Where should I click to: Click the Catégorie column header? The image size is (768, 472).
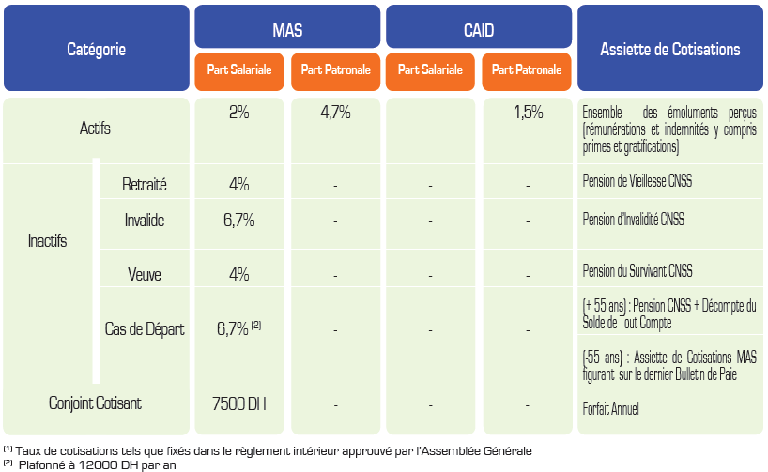tap(96, 49)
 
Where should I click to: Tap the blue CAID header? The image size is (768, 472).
tap(478, 29)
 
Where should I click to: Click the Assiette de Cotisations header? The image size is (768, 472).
tap(669, 49)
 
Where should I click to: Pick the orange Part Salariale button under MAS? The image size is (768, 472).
tap(239, 70)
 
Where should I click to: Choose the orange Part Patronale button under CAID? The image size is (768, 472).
tap(526, 70)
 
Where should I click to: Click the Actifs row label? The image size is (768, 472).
tap(96, 129)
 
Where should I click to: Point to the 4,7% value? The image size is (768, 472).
tap(335, 113)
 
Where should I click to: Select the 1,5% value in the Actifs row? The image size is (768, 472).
tap(528, 113)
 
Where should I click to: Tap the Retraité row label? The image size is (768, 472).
tap(145, 185)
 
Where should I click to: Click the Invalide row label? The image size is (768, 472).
tap(145, 221)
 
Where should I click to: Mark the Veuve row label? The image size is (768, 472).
tap(145, 275)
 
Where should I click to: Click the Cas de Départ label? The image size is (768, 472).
tap(145, 329)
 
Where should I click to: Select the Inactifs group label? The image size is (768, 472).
tap(48, 241)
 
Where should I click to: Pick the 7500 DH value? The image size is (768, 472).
tap(239, 405)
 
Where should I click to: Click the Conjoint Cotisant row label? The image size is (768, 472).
tap(96, 403)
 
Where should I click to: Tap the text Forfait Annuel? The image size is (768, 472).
tap(611, 409)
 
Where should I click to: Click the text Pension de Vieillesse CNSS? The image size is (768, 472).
tap(637, 181)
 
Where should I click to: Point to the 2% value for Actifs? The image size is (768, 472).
tap(238, 113)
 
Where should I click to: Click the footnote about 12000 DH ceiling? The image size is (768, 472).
tap(94, 464)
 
